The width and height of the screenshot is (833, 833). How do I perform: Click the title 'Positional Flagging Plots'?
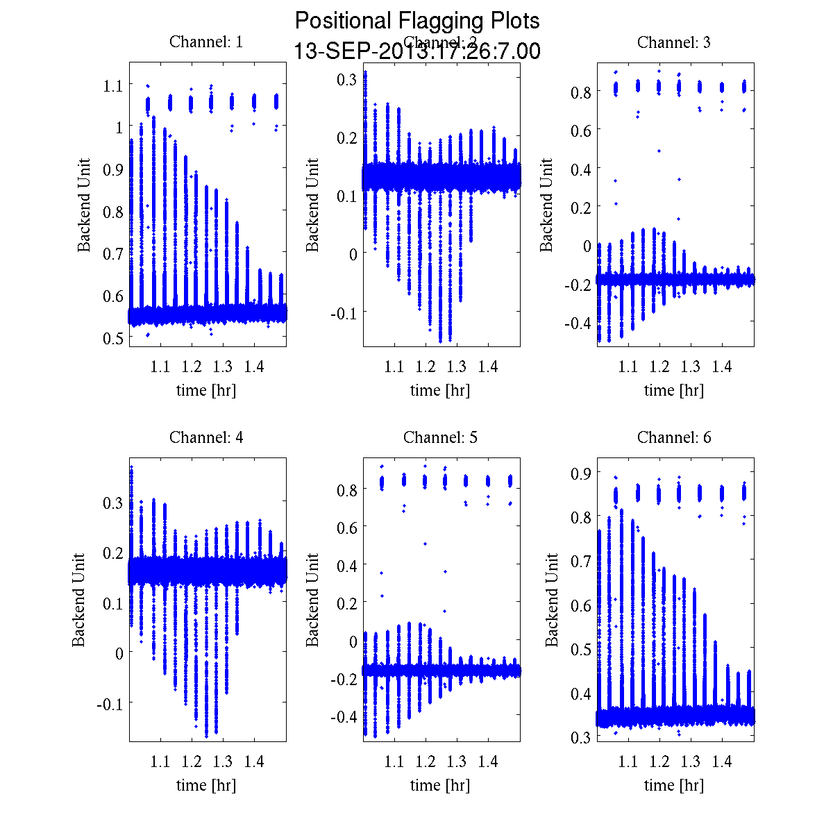click(416, 21)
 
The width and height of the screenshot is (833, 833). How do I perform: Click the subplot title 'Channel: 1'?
click(206, 42)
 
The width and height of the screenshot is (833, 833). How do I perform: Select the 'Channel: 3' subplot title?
click(673, 42)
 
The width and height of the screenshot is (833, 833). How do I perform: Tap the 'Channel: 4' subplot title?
click(206, 437)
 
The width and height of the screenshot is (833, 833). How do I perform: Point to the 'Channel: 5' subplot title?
click(440, 437)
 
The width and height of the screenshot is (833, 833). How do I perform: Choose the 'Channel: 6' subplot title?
click(673, 437)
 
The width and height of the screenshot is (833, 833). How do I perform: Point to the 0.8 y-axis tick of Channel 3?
click(581, 92)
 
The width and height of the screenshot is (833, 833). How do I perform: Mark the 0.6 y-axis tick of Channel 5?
click(347, 528)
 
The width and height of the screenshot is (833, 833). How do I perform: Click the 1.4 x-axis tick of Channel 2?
click(488, 367)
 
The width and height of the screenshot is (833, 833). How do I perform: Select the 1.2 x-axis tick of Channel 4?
click(192, 762)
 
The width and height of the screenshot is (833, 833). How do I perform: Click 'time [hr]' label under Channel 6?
click(673, 785)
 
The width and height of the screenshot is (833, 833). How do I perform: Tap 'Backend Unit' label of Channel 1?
click(84, 205)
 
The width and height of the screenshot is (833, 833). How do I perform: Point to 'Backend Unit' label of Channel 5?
click(313, 600)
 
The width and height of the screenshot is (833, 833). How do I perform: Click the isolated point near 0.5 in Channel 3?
click(659, 151)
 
